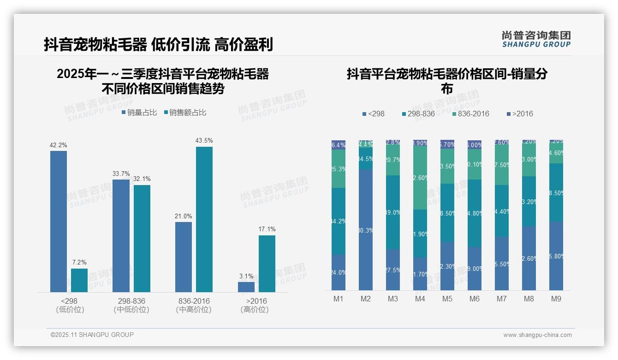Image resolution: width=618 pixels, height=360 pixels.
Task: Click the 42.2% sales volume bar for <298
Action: coord(59,222)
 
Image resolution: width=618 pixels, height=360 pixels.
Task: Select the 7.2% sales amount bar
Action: coord(79,280)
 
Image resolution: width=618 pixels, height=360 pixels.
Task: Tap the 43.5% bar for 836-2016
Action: coord(204,219)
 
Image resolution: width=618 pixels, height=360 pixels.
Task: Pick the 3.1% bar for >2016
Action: coord(246,287)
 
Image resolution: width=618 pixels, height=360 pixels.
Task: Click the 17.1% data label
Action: coord(267,229)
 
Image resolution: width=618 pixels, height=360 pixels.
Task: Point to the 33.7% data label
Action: coord(121,174)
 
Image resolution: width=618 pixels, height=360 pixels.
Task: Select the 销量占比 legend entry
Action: coord(139,113)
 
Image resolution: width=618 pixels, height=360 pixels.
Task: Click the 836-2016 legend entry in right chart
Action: coord(470,114)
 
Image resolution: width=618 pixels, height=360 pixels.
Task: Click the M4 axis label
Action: coord(420,299)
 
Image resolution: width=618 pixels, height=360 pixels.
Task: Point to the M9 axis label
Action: coord(556,299)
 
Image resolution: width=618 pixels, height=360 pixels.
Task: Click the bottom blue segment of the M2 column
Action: coord(366,229)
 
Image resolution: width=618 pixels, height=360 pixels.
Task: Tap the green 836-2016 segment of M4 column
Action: coord(420,177)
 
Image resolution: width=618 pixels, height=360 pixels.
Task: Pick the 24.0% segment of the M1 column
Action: coord(339,272)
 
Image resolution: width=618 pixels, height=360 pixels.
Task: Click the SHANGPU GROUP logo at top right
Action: coord(536,39)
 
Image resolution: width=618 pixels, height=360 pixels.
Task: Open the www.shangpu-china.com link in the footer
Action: coord(537,335)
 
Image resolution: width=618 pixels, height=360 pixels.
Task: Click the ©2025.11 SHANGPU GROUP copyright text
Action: coord(92,335)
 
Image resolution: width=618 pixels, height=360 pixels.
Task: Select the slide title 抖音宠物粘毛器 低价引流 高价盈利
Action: coord(158,44)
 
